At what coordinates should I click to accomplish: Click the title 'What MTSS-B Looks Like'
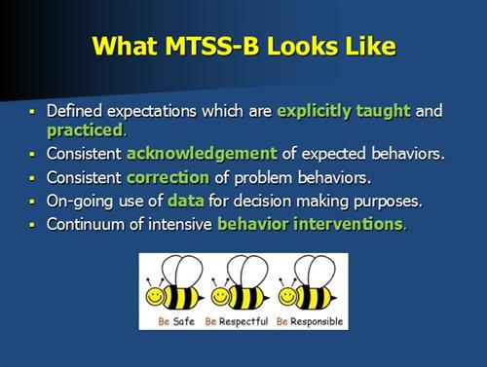coord(243,45)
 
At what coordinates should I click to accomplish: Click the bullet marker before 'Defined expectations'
coord(32,112)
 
